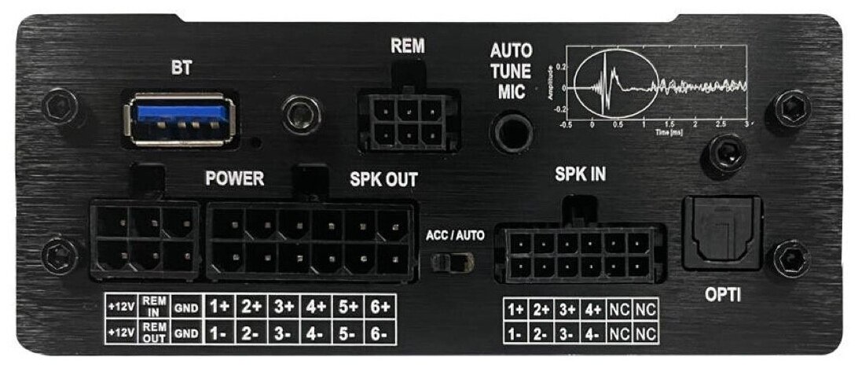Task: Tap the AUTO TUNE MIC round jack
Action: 511,130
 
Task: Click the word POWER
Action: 234,178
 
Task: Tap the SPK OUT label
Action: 383,179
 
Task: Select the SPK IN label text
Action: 579,175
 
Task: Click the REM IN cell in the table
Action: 156,305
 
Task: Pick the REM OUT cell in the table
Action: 156,332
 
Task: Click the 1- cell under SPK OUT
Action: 218,333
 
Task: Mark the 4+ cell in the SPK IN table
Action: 594,309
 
